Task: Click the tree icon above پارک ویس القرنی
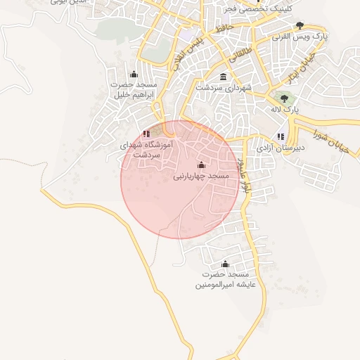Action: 300,25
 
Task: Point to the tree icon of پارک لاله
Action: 284,99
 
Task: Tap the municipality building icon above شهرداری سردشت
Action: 223,77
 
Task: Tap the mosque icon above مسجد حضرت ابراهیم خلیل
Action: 134,75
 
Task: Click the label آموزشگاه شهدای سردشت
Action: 146,148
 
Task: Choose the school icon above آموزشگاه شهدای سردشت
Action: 146,133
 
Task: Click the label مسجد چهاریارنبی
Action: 201,176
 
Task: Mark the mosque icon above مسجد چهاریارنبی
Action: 201,165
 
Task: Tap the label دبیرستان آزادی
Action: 281,148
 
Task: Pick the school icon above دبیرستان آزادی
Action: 281,136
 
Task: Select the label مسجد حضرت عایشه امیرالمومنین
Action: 226,279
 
